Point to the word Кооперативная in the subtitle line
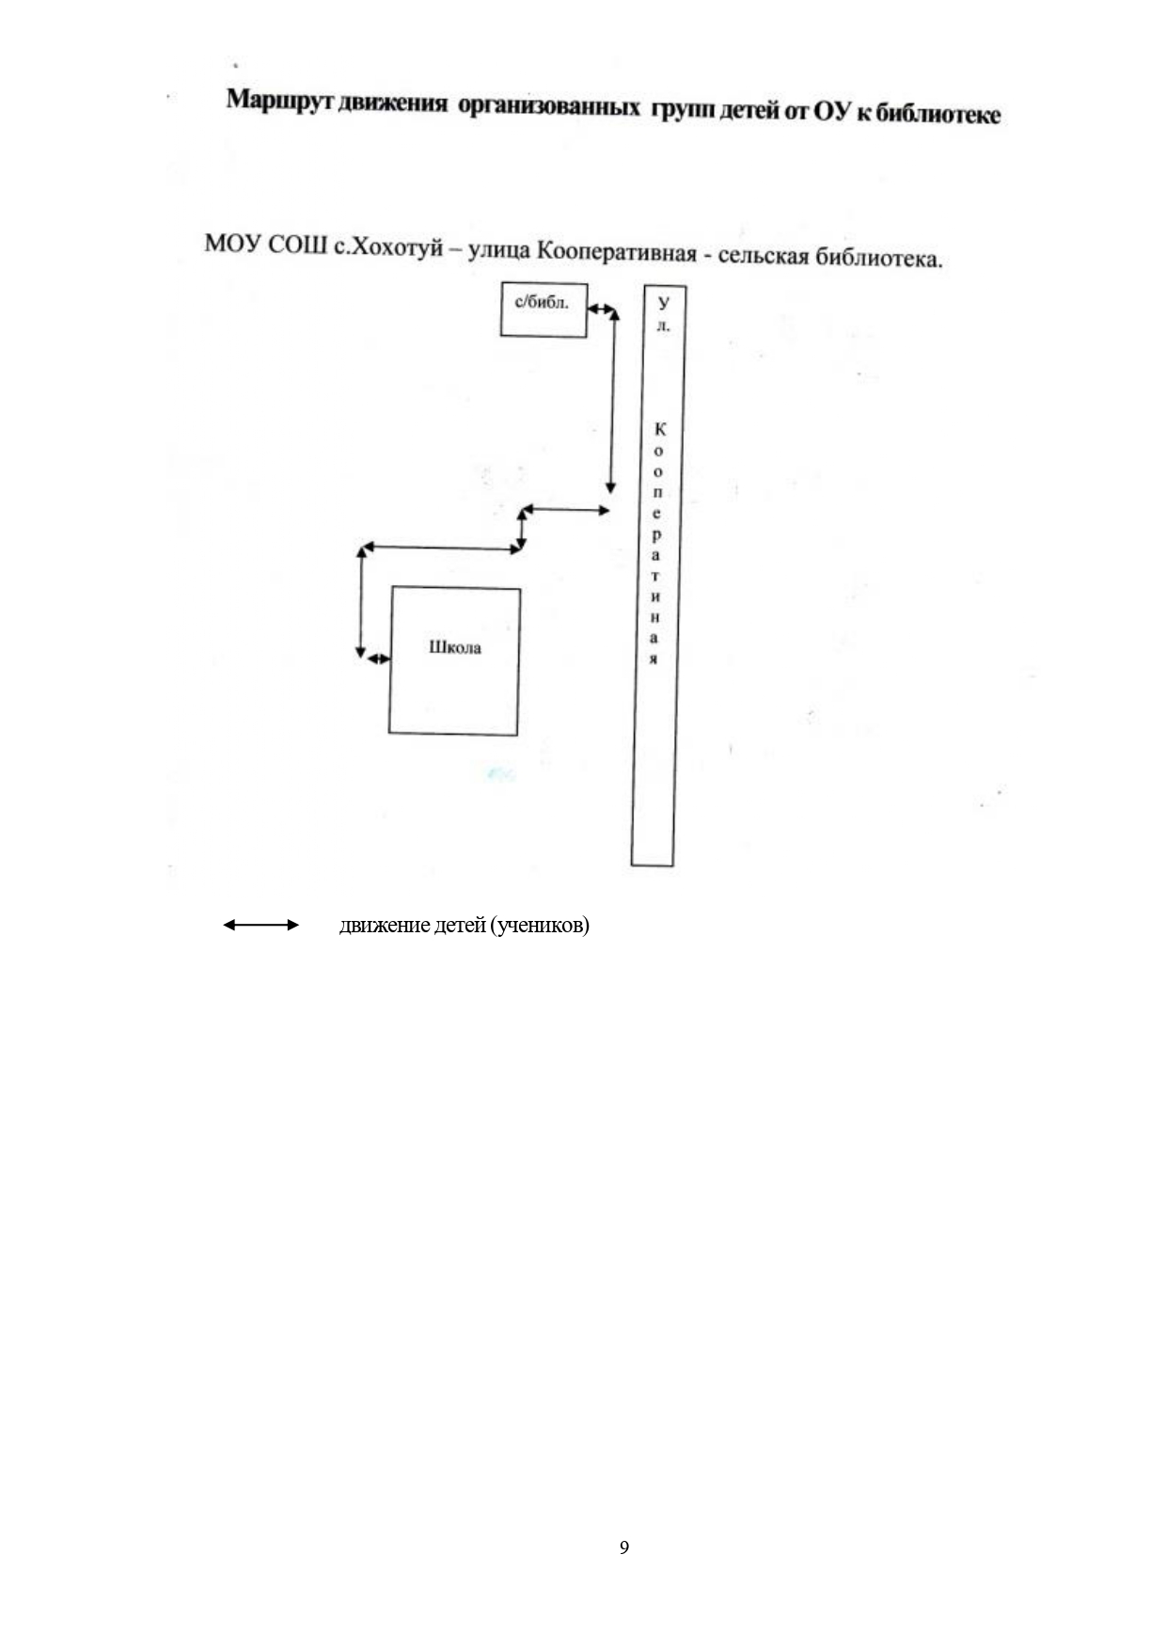[x=615, y=252]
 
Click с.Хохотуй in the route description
[x=386, y=248]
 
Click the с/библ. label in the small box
[x=542, y=303]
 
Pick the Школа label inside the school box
[x=455, y=647]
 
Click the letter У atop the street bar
[x=664, y=303]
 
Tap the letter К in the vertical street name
[x=660, y=429]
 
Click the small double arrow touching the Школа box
[x=378, y=658]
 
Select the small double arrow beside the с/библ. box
[x=600, y=309]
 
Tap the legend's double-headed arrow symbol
[x=260, y=926]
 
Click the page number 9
[x=624, y=1547]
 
